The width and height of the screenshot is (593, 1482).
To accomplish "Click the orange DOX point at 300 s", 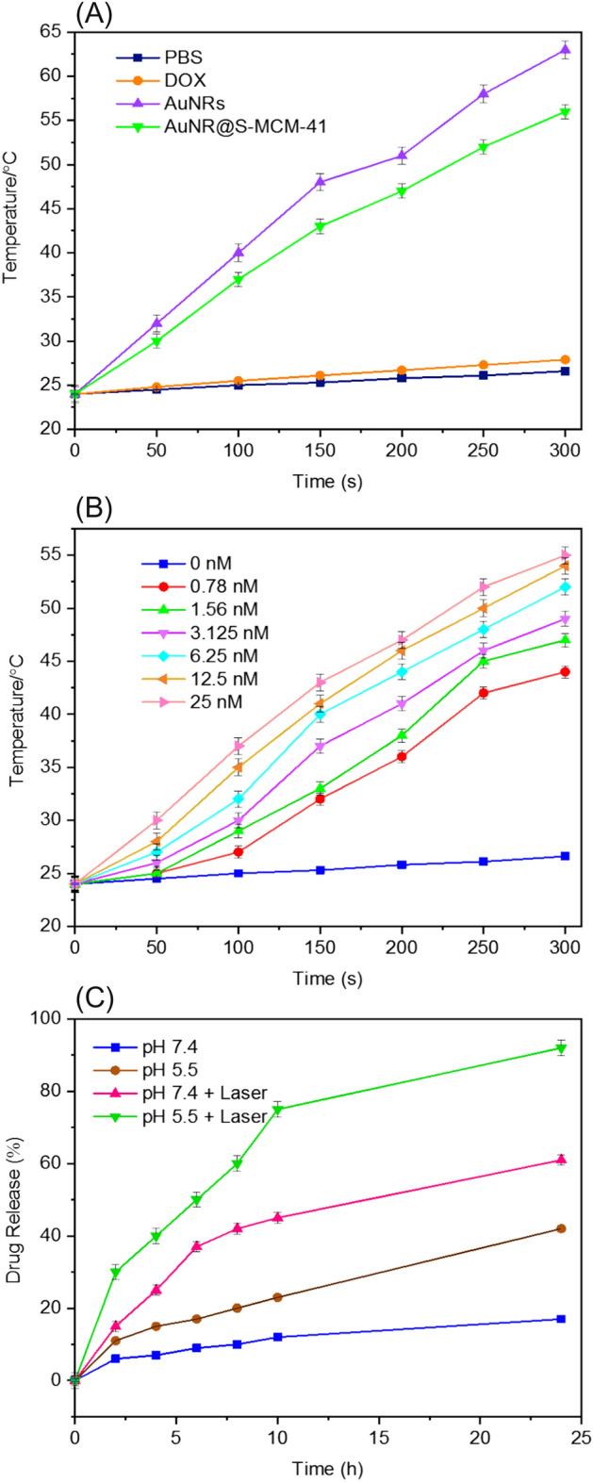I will coord(565,359).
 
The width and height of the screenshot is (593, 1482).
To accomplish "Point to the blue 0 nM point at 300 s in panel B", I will coord(565,856).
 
